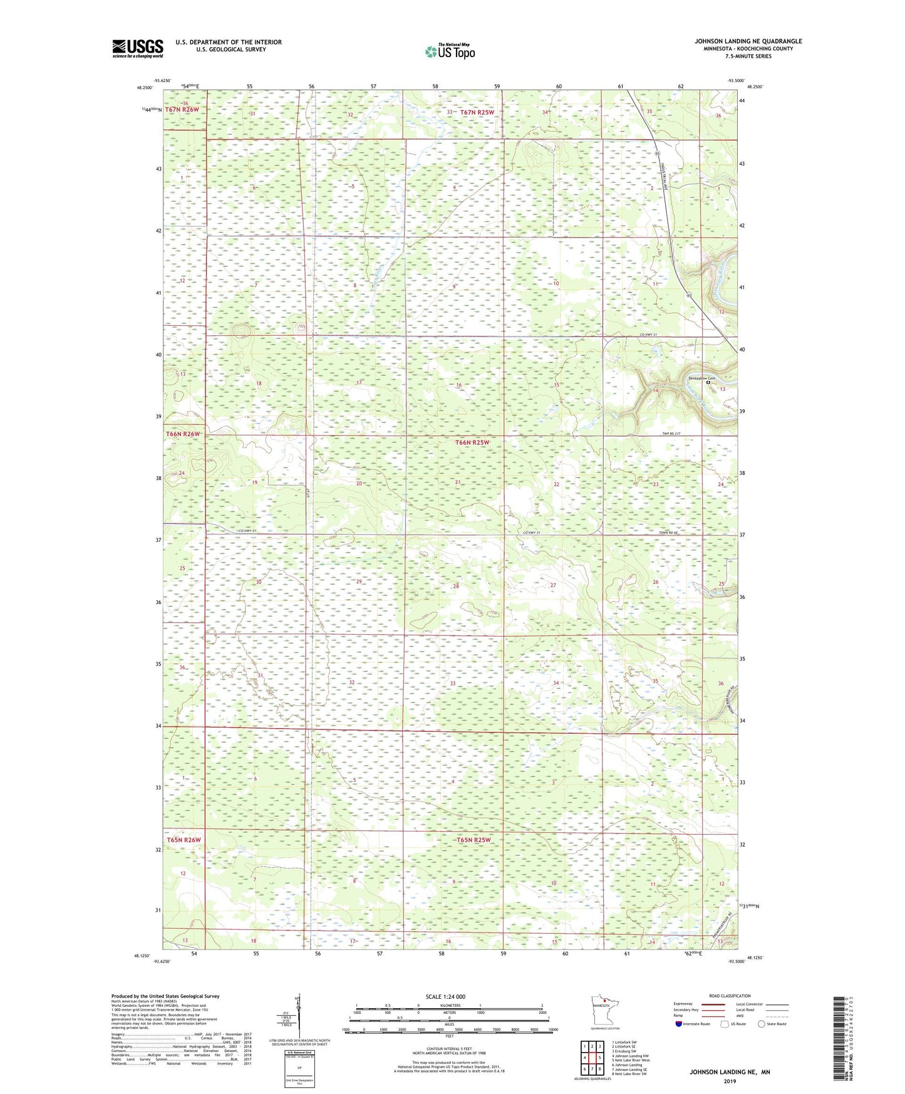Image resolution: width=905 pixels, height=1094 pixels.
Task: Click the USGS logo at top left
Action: tap(138, 48)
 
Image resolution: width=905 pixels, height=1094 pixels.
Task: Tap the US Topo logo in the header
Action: tap(449, 51)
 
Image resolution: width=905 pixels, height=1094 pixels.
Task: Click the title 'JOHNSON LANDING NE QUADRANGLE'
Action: tap(747, 41)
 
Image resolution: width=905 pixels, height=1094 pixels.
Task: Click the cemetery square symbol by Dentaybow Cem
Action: tap(709, 385)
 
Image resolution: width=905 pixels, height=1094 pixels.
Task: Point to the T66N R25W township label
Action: tap(472, 442)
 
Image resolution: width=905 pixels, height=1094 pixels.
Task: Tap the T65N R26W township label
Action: tap(184, 840)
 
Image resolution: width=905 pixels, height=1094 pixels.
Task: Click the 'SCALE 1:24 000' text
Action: tap(445, 996)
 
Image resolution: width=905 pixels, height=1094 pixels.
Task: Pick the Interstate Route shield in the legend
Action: tap(679, 1024)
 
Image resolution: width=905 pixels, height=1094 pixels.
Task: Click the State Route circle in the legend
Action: tap(762, 1024)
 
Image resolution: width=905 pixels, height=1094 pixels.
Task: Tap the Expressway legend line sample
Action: tap(713, 1004)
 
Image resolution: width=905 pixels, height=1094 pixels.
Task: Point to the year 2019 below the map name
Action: tap(730, 1081)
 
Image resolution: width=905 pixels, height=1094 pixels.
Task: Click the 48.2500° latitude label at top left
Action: tap(143, 88)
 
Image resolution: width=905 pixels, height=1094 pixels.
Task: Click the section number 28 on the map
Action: tap(456, 586)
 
